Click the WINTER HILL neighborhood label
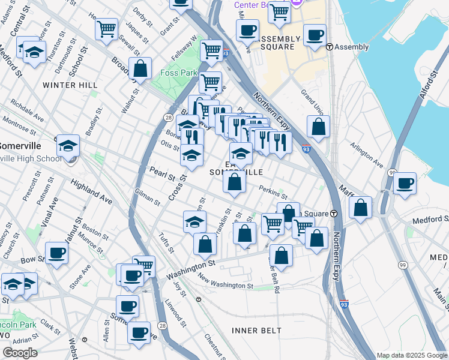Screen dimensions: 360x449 pos(70,85)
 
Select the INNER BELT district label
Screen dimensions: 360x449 pos(256,331)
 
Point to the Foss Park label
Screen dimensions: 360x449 pos(179,73)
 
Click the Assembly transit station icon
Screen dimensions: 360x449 pos(329,47)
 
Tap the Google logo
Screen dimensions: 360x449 pos(20,353)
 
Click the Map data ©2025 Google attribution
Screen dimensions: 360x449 pos(411,355)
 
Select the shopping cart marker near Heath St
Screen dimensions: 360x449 pos(106,28)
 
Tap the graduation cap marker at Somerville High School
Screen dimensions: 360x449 pos(68,145)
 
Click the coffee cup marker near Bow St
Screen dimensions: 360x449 pos(56,253)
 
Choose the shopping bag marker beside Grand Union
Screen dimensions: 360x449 pos(318,127)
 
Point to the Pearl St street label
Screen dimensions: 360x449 pos(162,175)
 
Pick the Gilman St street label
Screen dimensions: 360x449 pos(147,199)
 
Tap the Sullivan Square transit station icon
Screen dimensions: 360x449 pos(334,214)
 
